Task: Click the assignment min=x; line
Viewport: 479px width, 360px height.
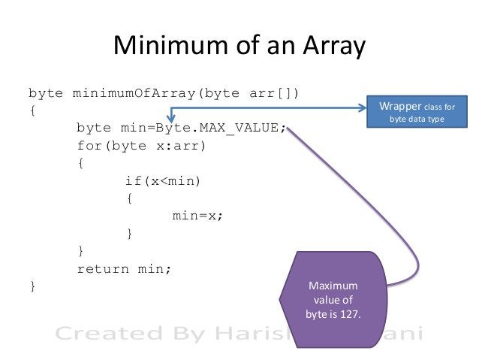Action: coord(198,216)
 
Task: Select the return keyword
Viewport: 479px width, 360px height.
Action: coord(101,268)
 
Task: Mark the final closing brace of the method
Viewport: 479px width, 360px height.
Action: coord(32,286)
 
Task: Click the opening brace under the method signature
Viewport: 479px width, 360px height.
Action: coord(32,110)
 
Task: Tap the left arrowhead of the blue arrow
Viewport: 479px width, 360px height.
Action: coord(174,111)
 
